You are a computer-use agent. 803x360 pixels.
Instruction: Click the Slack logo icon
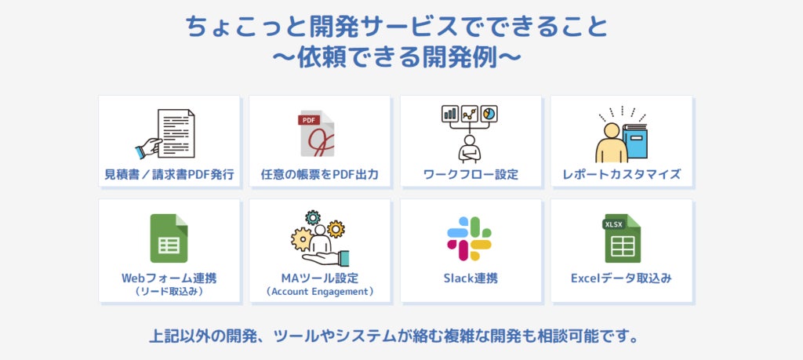(469, 238)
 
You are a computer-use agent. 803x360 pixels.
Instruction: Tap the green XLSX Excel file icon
(622, 238)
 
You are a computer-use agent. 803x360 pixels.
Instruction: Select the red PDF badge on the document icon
(308, 120)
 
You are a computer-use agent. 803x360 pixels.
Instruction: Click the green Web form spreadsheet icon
(169, 238)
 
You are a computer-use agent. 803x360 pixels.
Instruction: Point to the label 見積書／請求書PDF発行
(169, 174)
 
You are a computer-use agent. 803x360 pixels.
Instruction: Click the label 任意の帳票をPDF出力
(320, 174)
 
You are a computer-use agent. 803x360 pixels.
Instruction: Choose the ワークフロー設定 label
(471, 174)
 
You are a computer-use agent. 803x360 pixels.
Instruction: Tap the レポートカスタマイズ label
(622, 174)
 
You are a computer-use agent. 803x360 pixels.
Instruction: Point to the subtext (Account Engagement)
(320, 292)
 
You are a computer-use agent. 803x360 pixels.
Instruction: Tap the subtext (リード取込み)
(169, 292)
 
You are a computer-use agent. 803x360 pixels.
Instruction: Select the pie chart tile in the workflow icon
(489, 114)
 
